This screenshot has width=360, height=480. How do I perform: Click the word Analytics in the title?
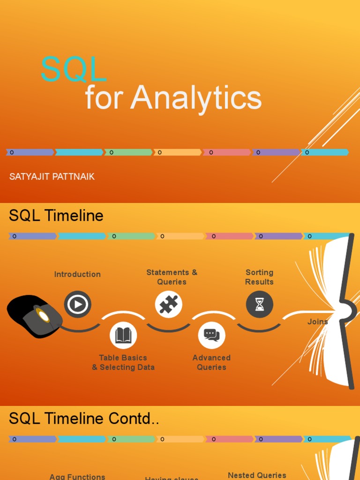pyautogui.click(x=195, y=98)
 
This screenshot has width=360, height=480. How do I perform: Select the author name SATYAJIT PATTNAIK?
pyautogui.click(x=52, y=177)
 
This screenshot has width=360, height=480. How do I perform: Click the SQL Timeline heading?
pyautogui.click(x=56, y=216)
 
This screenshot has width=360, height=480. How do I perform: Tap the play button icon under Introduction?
pyautogui.click(x=77, y=305)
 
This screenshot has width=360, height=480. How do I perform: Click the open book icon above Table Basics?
pyautogui.click(x=123, y=335)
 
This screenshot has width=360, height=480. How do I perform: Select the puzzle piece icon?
pyautogui.click(x=168, y=305)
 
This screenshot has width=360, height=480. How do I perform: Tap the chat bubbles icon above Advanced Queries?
pyautogui.click(x=211, y=335)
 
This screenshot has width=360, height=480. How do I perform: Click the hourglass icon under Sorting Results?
pyautogui.click(x=259, y=305)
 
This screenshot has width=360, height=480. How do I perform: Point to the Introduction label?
pyautogui.click(x=77, y=274)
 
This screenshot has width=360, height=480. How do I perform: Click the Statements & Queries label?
pyautogui.click(x=172, y=277)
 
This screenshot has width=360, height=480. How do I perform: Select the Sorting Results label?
pyautogui.click(x=259, y=277)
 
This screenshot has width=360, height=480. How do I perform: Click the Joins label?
pyautogui.click(x=317, y=322)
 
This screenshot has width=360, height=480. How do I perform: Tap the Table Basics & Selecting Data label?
pyautogui.click(x=123, y=362)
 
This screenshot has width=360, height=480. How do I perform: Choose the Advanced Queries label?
pyautogui.click(x=211, y=362)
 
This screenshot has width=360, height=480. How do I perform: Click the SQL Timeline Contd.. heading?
pyautogui.click(x=84, y=419)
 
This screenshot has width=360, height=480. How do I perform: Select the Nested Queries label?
pyautogui.click(x=257, y=475)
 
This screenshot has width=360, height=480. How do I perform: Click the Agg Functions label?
pyautogui.click(x=77, y=476)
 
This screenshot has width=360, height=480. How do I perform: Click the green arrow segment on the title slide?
pyautogui.click(x=128, y=152)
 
